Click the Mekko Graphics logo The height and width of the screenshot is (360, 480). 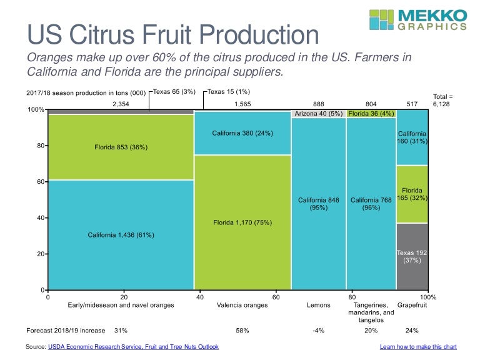417,19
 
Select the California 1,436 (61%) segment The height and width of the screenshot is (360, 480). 121,235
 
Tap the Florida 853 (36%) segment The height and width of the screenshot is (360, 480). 121,147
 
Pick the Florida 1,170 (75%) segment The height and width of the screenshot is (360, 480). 242,222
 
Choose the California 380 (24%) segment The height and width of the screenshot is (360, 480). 242,133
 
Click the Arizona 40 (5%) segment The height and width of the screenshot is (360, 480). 319,114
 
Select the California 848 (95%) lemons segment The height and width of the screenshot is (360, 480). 319,203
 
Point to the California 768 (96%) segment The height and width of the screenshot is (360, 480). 371,203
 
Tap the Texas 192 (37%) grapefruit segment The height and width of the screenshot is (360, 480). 412,256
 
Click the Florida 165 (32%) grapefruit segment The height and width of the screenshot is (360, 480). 412,194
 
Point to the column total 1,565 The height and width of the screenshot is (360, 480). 242,104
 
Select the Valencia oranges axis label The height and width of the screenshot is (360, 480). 242,305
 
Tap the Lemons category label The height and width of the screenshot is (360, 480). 319,305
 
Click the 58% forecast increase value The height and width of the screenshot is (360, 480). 242,330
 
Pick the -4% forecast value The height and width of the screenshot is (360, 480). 319,330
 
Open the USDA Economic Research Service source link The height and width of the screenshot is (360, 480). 132,346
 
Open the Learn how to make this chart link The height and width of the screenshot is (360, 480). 418,346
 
